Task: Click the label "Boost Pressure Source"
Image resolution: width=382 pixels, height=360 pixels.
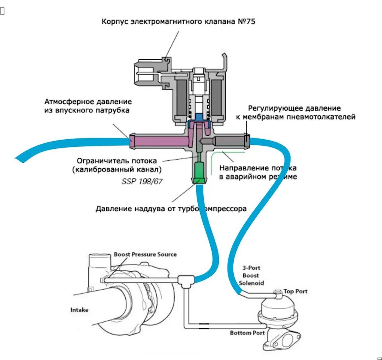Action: click(145, 254)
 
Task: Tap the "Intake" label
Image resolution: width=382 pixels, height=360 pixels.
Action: click(80, 309)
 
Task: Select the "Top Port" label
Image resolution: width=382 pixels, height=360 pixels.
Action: click(295, 292)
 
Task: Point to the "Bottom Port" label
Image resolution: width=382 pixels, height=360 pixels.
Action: click(247, 333)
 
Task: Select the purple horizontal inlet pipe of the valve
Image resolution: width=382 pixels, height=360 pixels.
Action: click(159, 140)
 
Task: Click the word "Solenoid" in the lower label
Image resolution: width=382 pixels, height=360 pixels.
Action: click(251, 283)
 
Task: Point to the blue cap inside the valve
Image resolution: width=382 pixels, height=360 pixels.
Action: click(198, 117)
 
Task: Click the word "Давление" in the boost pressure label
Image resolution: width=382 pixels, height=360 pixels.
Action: click(111, 208)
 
